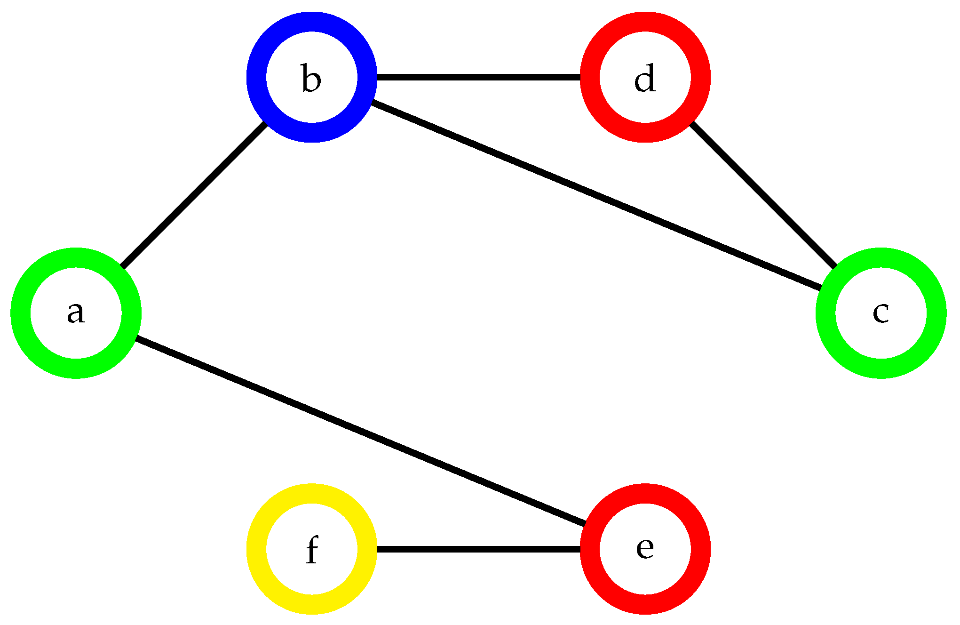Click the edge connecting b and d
tap(478, 77)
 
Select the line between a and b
tap(194, 195)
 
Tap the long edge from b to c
tap(596, 195)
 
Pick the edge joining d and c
tap(762, 195)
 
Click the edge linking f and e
tap(478, 549)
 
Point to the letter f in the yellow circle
tap(312, 549)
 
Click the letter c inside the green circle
tap(881, 313)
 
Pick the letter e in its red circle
tap(645, 548)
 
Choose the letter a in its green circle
tap(76, 313)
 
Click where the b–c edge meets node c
tap(820, 288)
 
